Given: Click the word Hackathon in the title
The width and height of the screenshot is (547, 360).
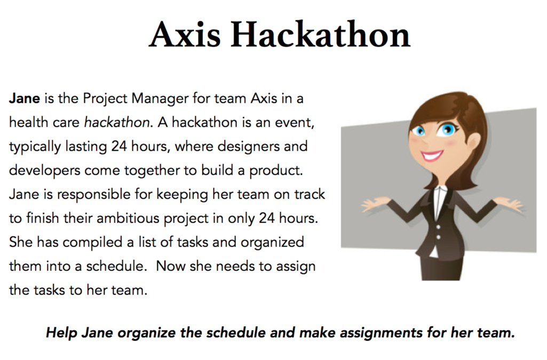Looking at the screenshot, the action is pyautogui.click(x=320, y=35).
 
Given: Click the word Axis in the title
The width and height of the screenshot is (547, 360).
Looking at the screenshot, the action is pyautogui.click(x=185, y=35).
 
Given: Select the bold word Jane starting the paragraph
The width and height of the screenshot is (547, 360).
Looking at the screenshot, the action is pyautogui.click(x=25, y=98).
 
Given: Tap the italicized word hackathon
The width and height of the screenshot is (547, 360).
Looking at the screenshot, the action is pyautogui.click(x=117, y=122).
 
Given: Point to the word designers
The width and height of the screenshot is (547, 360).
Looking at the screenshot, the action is pyautogui.click(x=248, y=147).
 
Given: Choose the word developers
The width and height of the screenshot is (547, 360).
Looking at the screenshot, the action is pyautogui.click(x=45, y=171).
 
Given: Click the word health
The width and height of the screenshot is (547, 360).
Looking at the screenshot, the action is pyautogui.click(x=29, y=122).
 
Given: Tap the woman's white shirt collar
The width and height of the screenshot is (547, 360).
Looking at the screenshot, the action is pyautogui.click(x=440, y=198).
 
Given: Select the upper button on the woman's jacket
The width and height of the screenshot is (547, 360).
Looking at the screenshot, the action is pyautogui.click(x=439, y=227).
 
